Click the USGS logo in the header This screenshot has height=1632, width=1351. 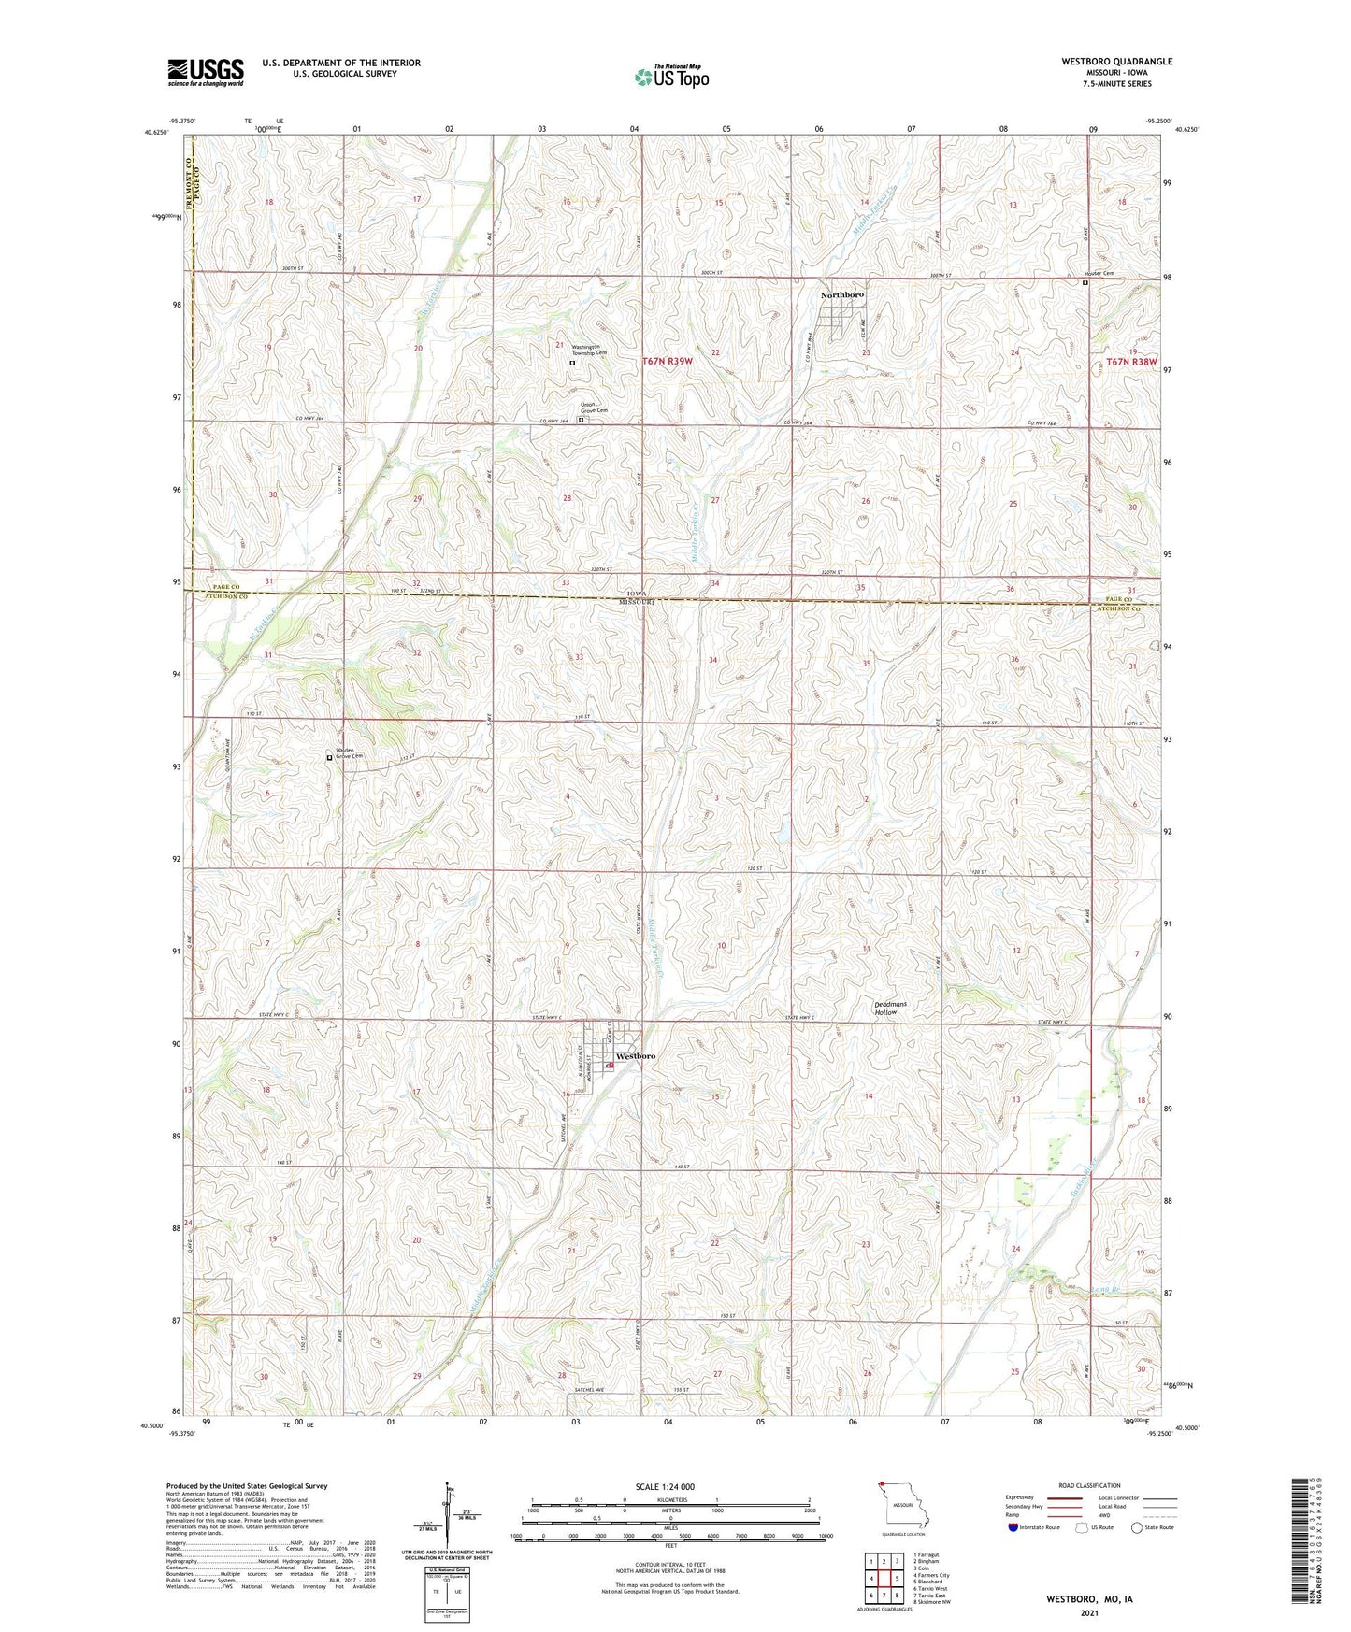(x=205, y=72)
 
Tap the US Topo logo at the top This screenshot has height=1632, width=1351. (x=670, y=77)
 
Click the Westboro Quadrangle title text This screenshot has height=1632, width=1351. (x=1115, y=62)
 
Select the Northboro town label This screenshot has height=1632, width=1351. (x=841, y=295)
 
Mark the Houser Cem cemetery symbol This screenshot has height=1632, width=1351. (x=1085, y=283)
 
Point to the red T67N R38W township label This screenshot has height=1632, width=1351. (x=1130, y=361)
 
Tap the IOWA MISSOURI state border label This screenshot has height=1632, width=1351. (x=637, y=598)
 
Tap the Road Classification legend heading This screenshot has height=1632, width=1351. (x=1090, y=1485)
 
